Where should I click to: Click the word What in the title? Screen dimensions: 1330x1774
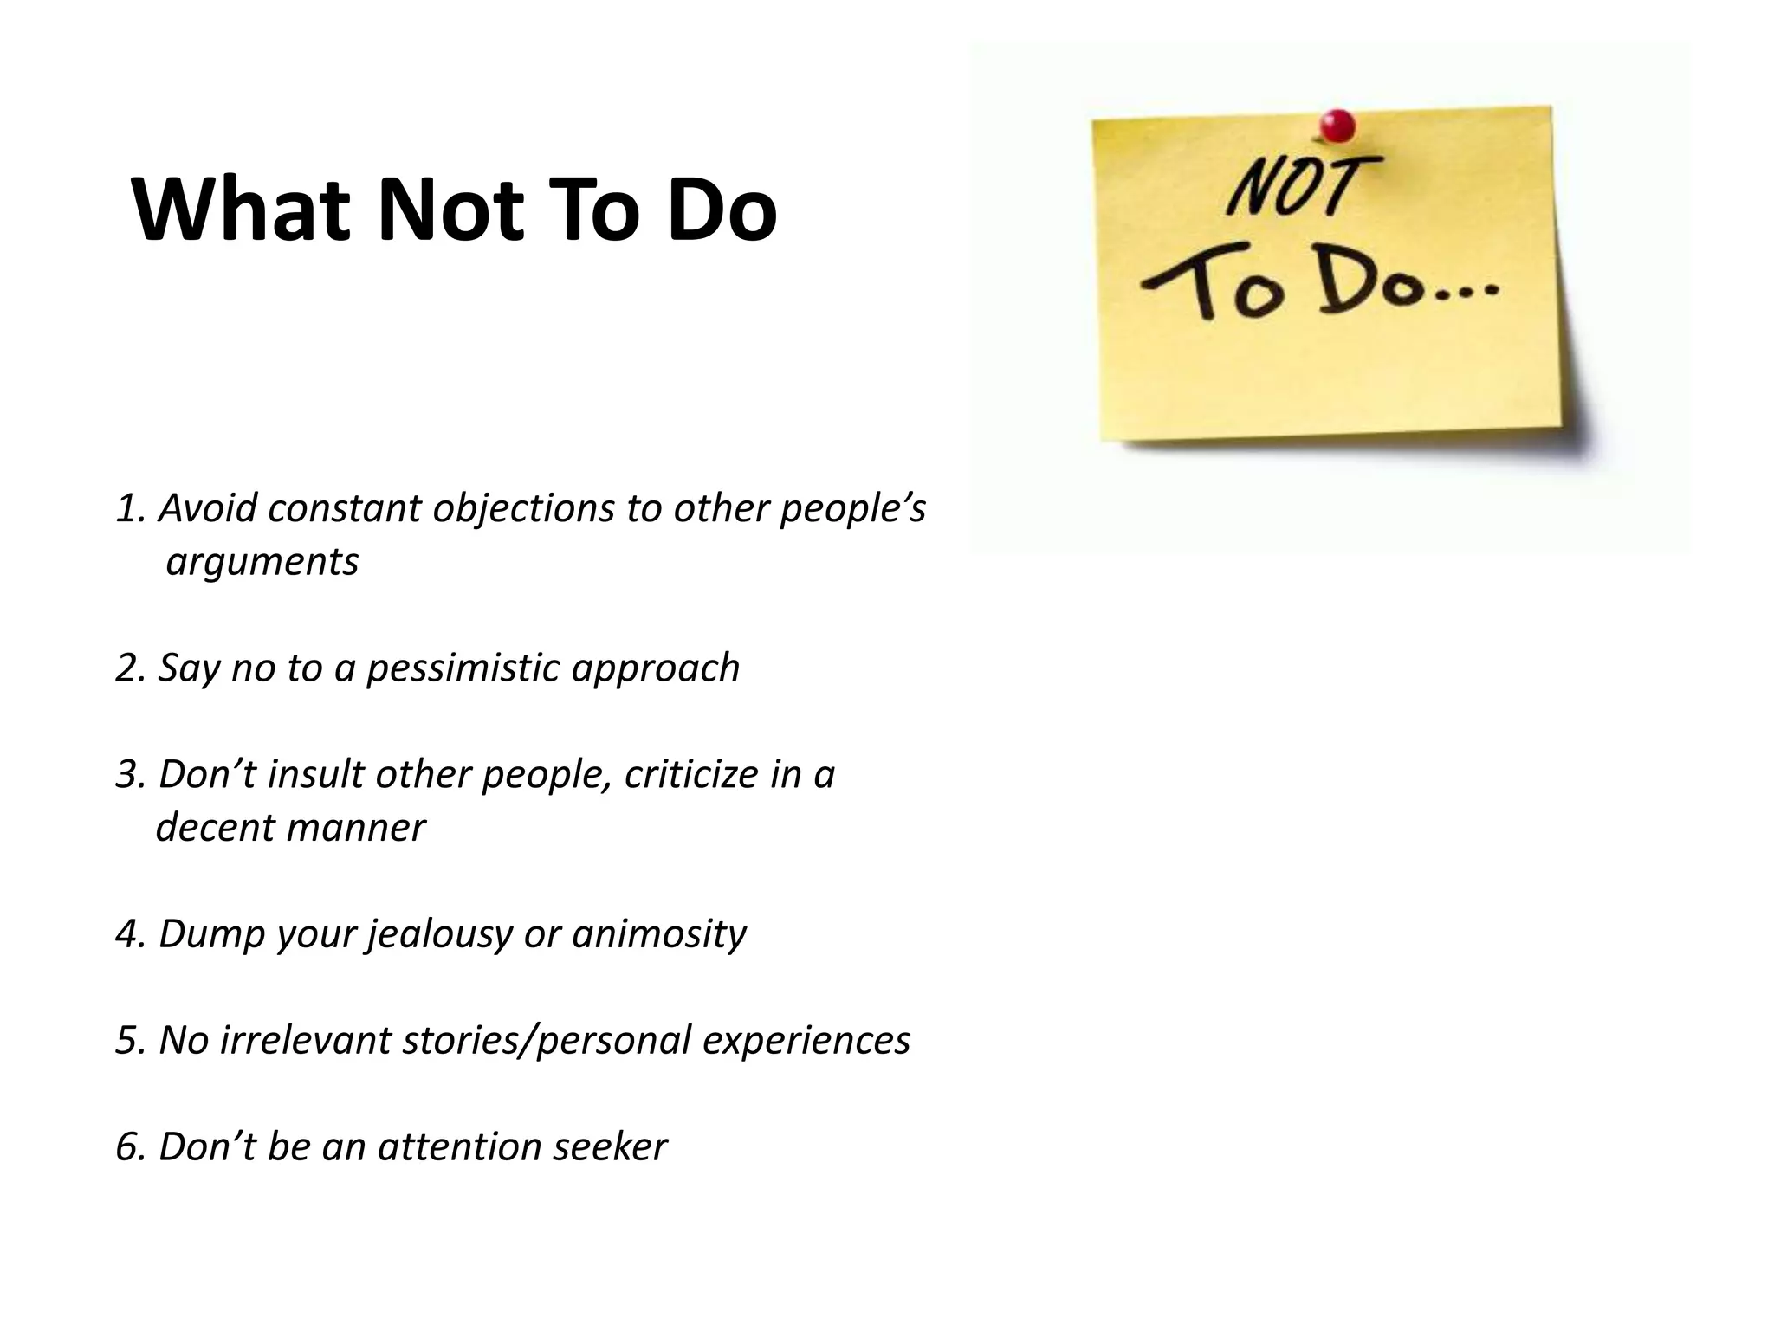(241, 210)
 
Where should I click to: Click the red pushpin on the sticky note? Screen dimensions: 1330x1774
(1337, 126)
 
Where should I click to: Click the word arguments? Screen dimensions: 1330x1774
(262, 562)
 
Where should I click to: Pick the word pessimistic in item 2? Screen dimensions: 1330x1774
(463, 668)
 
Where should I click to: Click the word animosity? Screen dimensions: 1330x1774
(658, 934)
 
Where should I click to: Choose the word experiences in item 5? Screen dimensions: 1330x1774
(806, 1041)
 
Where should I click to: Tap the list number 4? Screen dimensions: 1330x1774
(126, 934)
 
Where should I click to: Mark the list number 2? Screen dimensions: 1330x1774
(126, 668)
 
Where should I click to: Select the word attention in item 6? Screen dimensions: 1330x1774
(458, 1147)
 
